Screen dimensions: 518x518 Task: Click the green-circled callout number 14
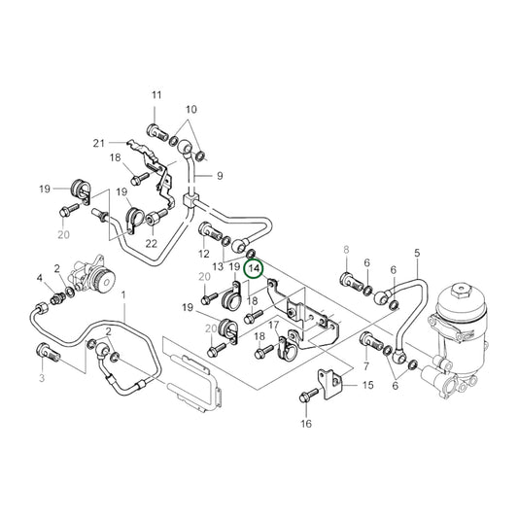pyautogui.click(x=254, y=267)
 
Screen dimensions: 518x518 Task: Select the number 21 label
pyautogui.click(x=98, y=144)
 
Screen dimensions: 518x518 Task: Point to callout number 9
pyautogui.click(x=220, y=176)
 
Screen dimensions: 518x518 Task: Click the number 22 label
pyautogui.click(x=152, y=243)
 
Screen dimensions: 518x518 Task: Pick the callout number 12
pyautogui.click(x=204, y=254)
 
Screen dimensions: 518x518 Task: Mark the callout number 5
pyautogui.click(x=417, y=254)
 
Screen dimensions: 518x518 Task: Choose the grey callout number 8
pyautogui.click(x=345, y=251)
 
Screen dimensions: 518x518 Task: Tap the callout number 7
pyautogui.click(x=365, y=365)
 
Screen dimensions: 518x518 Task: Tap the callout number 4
pyautogui.click(x=41, y=279)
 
